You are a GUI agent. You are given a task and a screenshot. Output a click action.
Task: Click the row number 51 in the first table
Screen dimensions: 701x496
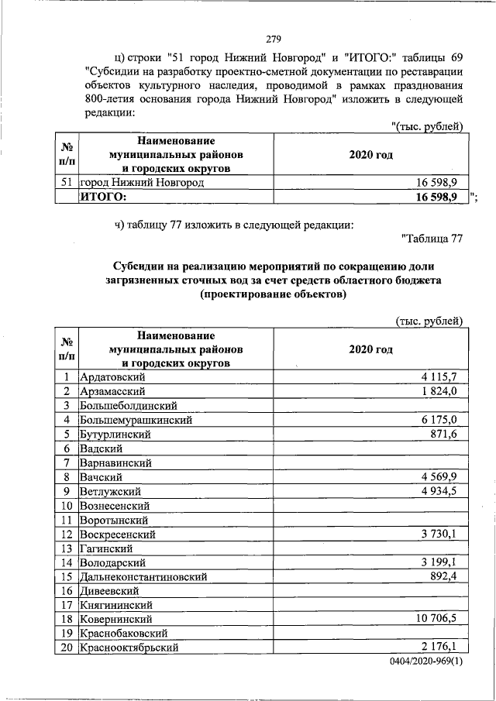67,182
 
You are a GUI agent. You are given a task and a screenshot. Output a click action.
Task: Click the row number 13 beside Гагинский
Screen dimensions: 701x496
67,548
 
